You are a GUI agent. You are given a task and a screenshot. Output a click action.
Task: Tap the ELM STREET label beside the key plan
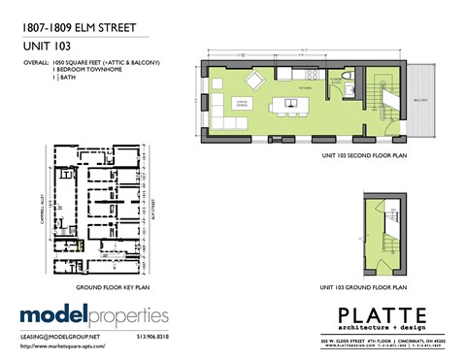coord(155,208)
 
